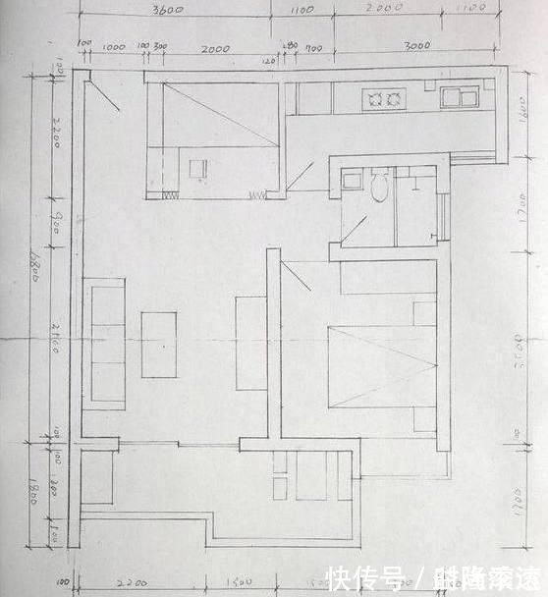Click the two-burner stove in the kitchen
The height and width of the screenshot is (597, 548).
[x=383, y=97]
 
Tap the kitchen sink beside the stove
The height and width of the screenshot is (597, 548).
[x=458, y=96]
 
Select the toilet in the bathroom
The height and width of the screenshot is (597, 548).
[x=380, y=184]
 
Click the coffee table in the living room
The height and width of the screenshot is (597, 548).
[x=159, y=344]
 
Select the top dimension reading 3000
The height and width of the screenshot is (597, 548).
[x=416, y=46]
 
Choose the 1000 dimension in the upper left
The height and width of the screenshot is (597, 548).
[x=113, y=46]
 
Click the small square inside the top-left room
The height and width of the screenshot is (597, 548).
[x=198, y=168]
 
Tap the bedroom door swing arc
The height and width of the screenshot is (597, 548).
[x=297, y=272]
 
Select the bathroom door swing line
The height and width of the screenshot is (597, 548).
[x=355, y=227]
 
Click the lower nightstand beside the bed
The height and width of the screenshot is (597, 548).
[x=424, y=419]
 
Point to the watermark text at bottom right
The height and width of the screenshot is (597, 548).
[x=436, y=576]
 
